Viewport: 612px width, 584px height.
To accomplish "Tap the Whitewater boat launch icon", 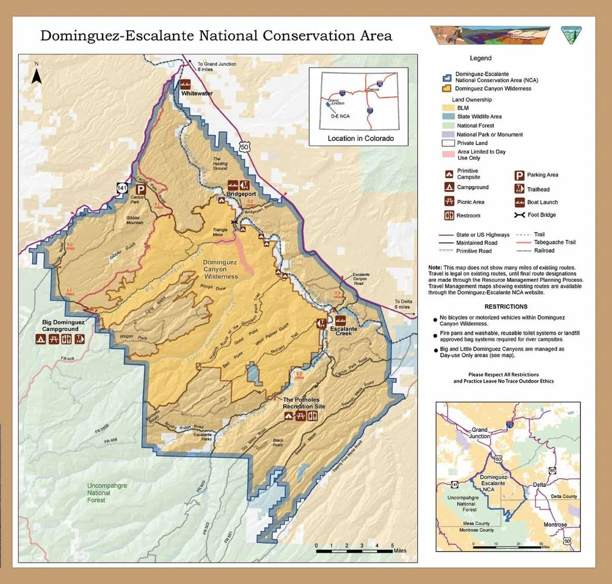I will pos(186,84).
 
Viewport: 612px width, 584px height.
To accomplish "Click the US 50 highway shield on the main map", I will pos(245,147).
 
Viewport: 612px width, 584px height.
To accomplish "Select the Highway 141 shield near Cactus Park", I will pos(122,188).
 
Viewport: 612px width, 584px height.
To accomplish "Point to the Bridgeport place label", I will pos(241,194).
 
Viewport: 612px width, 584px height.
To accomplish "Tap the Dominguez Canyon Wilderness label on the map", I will pos(220,269).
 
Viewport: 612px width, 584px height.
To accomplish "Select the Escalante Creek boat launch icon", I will pos(341,320).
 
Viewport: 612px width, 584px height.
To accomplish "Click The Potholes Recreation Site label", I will pos(304,403).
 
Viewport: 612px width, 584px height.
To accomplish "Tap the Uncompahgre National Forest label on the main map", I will pos(106,493).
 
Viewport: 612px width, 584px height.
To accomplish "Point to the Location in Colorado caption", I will pos(360,139).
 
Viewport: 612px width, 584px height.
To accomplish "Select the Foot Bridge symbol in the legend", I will pos(520,215).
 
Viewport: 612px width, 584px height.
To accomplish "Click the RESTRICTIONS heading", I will pos(506,307).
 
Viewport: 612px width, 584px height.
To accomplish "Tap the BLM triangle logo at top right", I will pos(571,35).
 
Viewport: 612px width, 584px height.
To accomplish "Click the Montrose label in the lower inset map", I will pos(555,525).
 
